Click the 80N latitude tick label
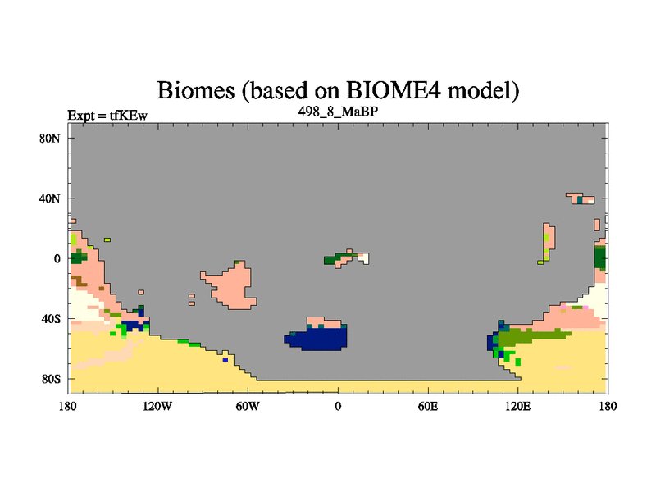click(x=50, y=139)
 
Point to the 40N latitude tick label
click(x=50, y=198)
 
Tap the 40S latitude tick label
click(x=51, y=319)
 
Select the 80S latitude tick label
click(x=51, y=379)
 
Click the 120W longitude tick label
click(x=157, y=406)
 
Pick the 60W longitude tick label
click(x=248, y=406)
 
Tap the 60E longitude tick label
click(x=428, y=406)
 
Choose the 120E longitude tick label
click(x=518, y=406)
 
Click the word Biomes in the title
click(x=196, y=90)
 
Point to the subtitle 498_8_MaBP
click(x=338, y=112)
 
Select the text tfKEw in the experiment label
click(x=129, y=116)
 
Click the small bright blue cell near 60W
click(x=225, y=360)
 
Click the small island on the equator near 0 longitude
click(x=346, y=258)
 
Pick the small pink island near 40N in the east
click(x=581, y=198)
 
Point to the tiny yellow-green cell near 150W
click(x=107, y=239)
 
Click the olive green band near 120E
click(x=531, y=336)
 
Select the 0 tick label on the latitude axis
click(x=57, y=259)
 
